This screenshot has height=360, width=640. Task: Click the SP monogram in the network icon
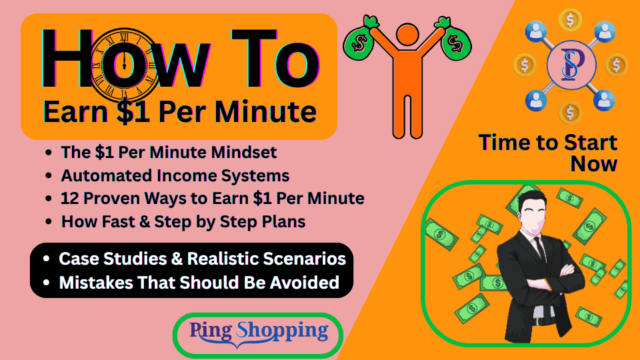(x=570, y=65)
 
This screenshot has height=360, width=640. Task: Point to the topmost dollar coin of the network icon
(x=570, y=19)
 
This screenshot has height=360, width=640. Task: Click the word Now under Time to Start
(x=594, y=163)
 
